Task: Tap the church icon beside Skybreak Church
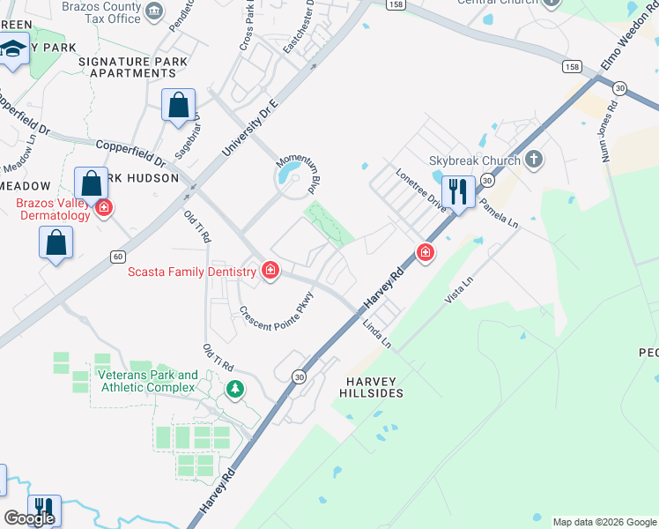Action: [532, 160]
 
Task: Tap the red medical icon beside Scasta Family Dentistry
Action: [270, 270]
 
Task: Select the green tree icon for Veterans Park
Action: [234, 388]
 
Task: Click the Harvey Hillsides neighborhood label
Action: [370, 386]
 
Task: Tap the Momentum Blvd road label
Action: [296, 172]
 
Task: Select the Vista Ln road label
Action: [460, 289]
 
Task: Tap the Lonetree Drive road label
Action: [421, 187]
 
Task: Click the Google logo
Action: [29, 518]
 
